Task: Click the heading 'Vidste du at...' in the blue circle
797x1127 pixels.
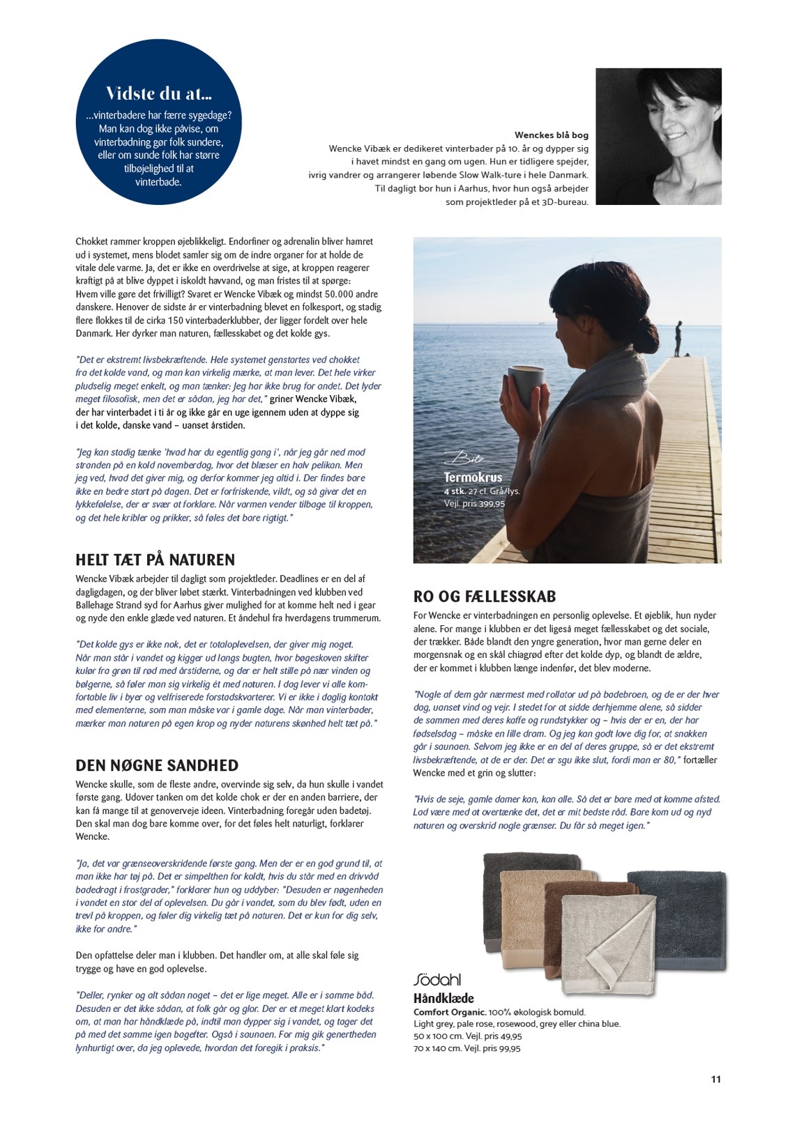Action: click(x=159, y=93)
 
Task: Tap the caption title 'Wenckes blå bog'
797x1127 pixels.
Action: click(x=551, y=135)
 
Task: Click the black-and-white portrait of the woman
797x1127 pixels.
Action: click(x=658, y=137)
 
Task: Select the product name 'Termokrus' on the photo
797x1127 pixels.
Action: click(x=473, y=477)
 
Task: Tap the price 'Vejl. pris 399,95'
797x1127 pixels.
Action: click(x=474, y=503)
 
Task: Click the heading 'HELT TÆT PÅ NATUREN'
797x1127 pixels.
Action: click(x=155, y=560)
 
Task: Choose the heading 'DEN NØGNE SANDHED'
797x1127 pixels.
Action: click(x=157, y=765)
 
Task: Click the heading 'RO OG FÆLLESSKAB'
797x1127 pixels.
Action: click(x=484, y=597)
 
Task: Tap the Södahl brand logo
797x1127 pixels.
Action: click(x=437, y=979)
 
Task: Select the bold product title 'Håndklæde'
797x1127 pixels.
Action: click(x=443, y=998)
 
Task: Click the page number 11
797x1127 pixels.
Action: click(x=715, y=1080)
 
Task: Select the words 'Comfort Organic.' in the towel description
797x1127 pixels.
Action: click(x=448, y=1012)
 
